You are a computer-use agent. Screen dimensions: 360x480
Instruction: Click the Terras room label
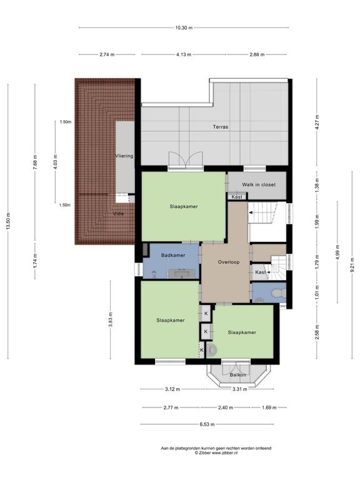coord(221,127)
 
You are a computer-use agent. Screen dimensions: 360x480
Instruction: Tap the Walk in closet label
coord(259,184)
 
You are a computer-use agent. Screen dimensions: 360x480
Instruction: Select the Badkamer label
coord(173,255)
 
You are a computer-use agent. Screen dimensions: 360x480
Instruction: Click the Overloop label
coord(229,262)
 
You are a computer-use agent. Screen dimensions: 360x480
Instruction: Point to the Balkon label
coord(238,375)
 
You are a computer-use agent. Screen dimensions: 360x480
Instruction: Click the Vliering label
coord(124,156)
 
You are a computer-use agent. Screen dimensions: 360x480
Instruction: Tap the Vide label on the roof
coord(119,213)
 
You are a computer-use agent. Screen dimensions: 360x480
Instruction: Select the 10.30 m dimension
coord(184,28)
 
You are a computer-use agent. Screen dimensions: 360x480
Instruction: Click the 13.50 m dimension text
coord(8,221)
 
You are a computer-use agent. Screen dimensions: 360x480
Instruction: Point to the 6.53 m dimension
coord(207,424)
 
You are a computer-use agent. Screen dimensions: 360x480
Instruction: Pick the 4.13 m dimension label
coord(184,54)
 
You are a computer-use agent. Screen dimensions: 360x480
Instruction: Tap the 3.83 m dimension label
coord(111,319)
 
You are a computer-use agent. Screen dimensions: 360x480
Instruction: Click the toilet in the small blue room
coord(278,293)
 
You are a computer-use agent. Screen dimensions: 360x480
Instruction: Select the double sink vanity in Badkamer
coord(183,273)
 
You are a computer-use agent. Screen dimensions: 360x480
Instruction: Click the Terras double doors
coord(186,160)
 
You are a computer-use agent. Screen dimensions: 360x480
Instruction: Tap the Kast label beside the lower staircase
coord(260,272)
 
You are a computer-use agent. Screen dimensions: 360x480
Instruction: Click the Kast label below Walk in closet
coord(237,197)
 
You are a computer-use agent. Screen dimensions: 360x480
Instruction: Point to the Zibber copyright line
coord(216,452)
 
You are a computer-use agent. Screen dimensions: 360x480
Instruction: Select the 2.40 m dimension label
coord(226,407)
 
